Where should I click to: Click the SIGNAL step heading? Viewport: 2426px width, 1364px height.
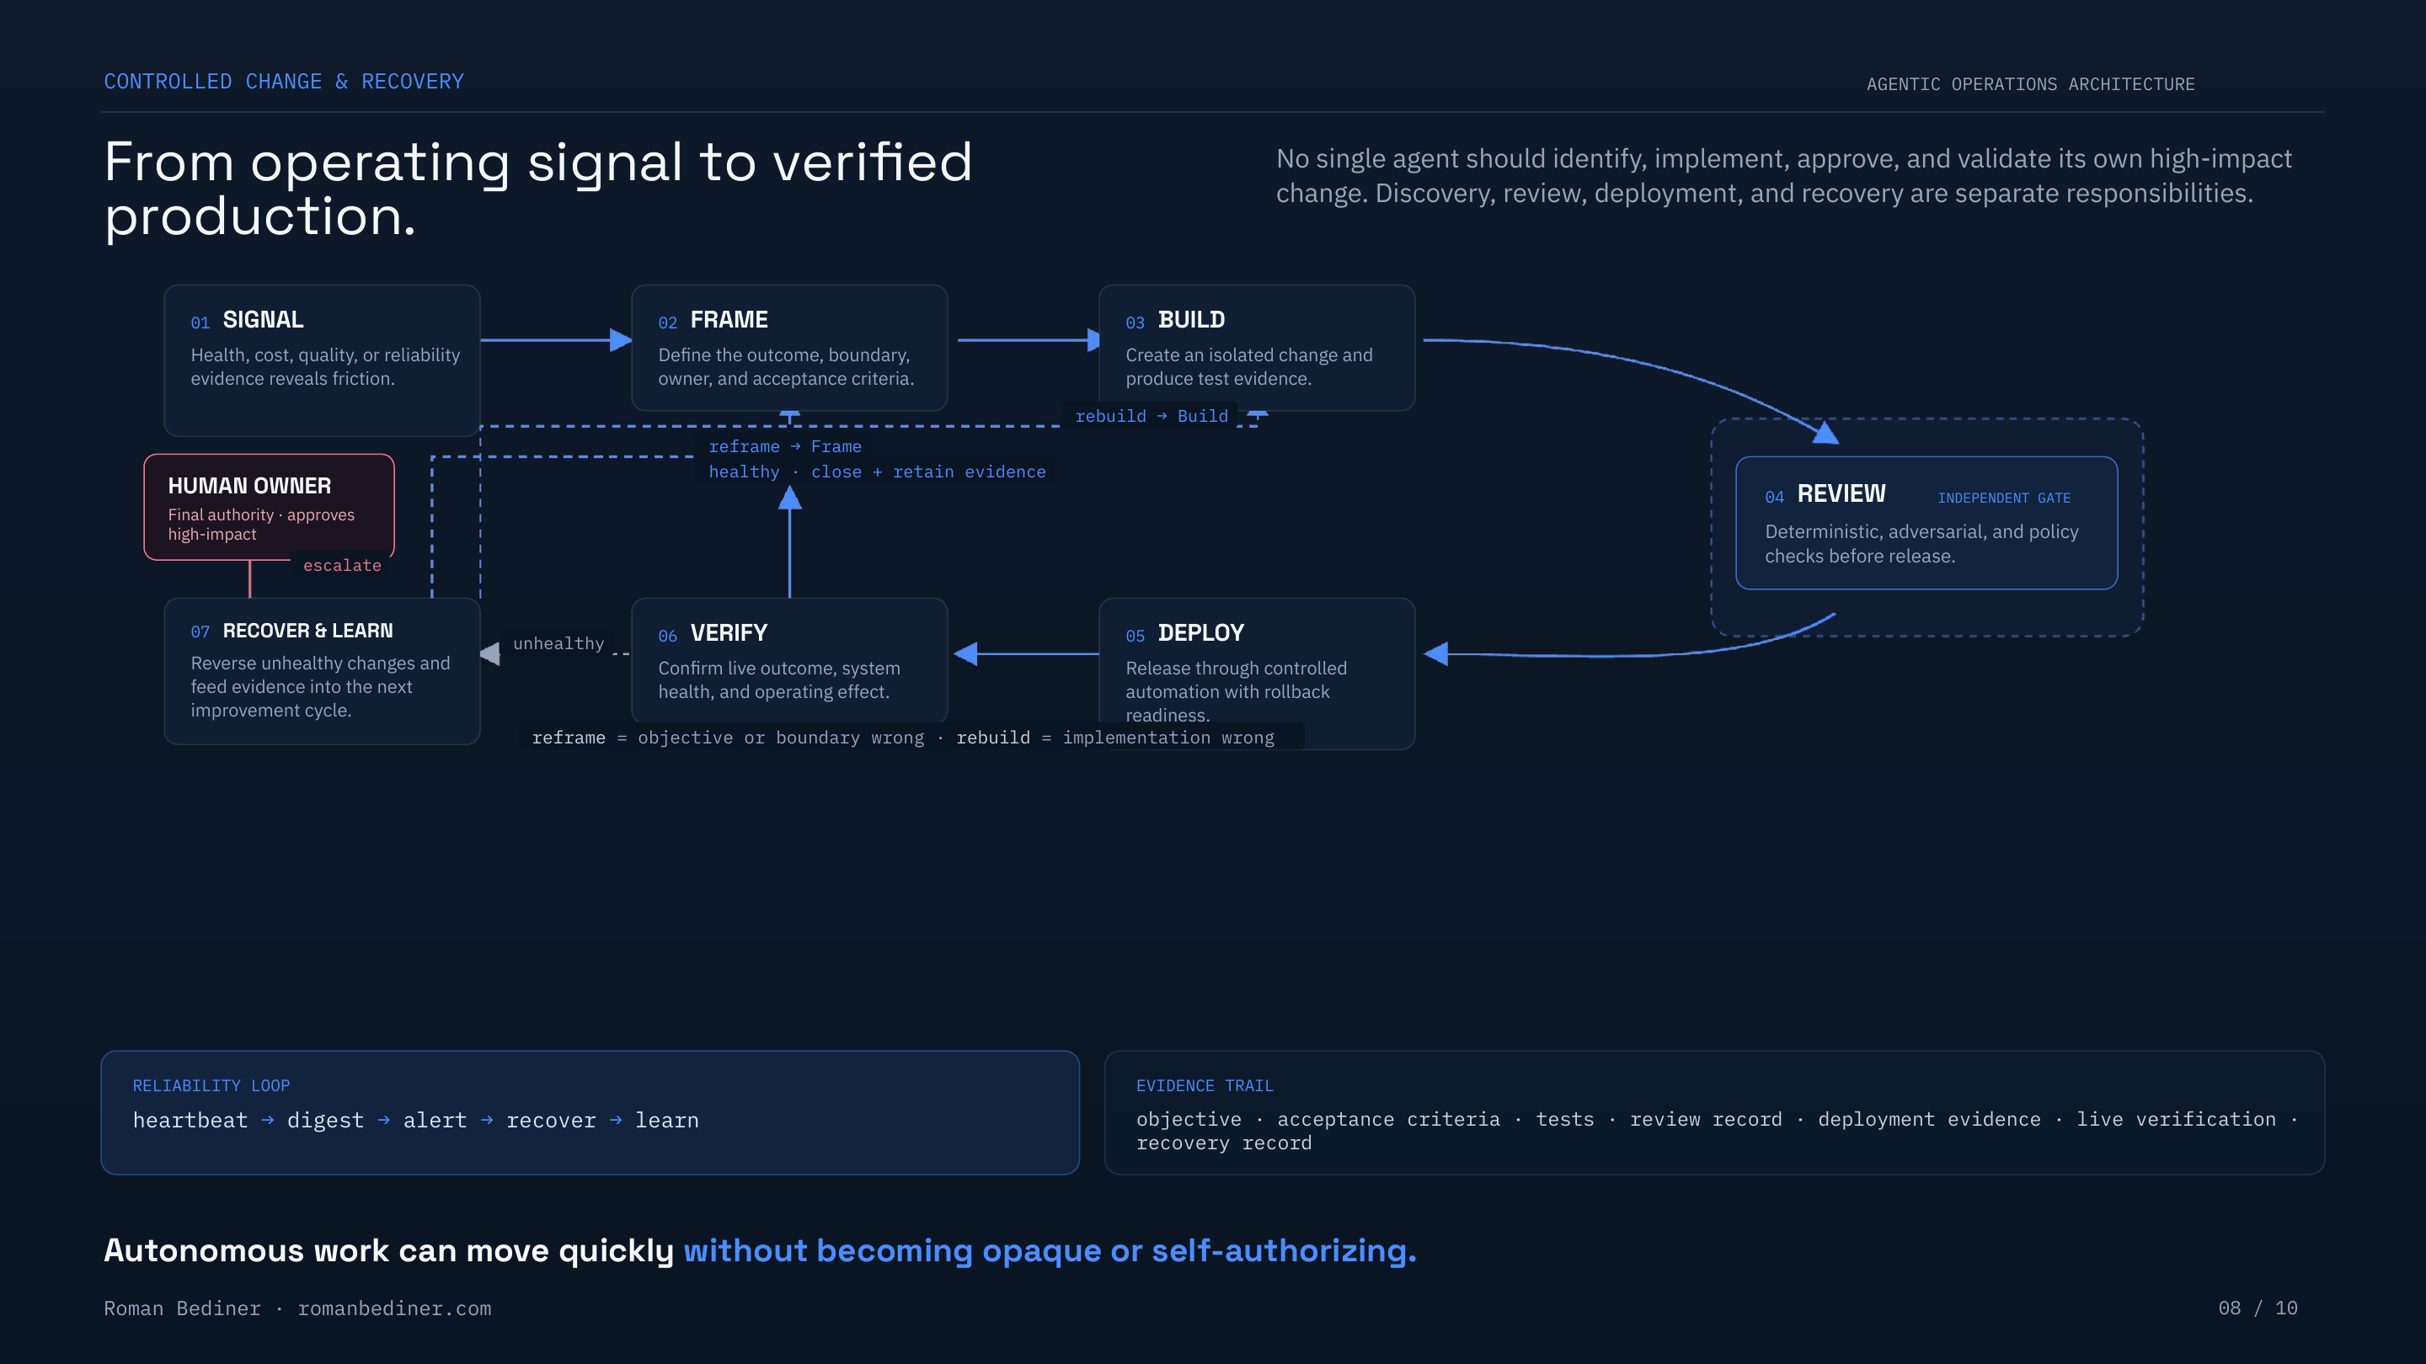click(x=263, y=320)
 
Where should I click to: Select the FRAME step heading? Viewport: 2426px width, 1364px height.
click(x=729, y=320)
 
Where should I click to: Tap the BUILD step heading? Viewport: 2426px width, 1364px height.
click(x=1191, y=320)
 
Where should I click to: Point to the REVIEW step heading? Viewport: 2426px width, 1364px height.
click(x=1841, y=494)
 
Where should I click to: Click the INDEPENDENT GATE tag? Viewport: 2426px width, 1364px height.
click(x=2004, y=498)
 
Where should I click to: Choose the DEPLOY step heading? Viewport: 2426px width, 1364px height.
click(x=1200, y=633)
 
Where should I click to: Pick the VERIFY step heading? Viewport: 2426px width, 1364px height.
click(x=729, y=633)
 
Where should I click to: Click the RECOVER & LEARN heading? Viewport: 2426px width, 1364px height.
click(x=308, y=631)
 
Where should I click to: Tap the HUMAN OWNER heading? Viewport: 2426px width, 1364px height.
click(x=249, y=486)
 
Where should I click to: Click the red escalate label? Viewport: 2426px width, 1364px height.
click(x=342, y=565)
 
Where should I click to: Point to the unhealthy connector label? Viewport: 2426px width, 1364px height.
click(x=558, y=643)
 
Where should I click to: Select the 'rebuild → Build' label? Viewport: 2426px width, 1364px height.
click(x=1152, y=416)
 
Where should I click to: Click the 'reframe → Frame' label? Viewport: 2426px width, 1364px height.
click(x=785, y=446)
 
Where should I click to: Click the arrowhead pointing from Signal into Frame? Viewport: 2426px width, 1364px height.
click(x=621, y=340)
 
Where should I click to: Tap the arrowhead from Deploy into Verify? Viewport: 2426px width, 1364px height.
click(x=965, y=653)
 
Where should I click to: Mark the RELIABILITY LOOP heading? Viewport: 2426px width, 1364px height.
click(x=211, y=1085)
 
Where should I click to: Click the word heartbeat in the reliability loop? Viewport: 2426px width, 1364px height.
click(x=190, y=1120)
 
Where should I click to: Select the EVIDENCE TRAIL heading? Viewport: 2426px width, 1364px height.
click(x=1205, y=1085)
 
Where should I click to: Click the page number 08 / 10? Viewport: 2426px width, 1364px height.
click(x=2258, y=1308)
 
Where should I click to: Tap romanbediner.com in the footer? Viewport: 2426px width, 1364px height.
click(x=394, y=1308)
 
